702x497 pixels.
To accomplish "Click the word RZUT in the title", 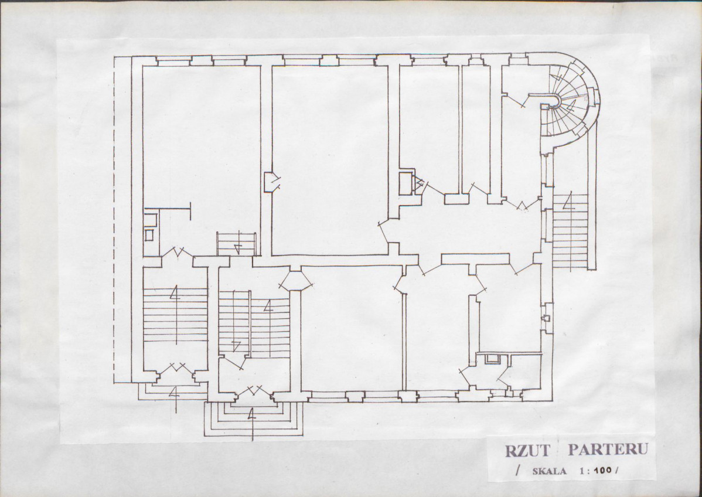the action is [x=526, y=451].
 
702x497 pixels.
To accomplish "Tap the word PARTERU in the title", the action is [x=608, y=450].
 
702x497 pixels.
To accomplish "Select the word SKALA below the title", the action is [x=549, y=471].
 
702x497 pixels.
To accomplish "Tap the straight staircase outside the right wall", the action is [x=570, y=232].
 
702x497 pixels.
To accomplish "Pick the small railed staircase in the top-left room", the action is [x=236, y=244].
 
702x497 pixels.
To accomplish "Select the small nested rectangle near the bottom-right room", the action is [x=492, y=358].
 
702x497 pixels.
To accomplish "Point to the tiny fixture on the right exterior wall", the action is [x=546, y=318].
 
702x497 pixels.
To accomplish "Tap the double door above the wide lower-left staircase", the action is [x=177, y=252].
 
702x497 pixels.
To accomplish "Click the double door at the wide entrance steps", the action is [x=253, y=392].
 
